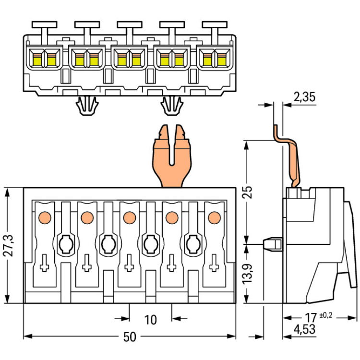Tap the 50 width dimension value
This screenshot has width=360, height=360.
(129, 337)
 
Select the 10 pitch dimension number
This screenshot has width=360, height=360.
(150, 320)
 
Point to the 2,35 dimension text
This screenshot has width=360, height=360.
(303, 97)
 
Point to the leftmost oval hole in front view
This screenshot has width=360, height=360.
(65, 244)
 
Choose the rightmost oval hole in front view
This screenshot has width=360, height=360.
(193, 244)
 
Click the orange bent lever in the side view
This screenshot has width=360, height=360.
(288, 154)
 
